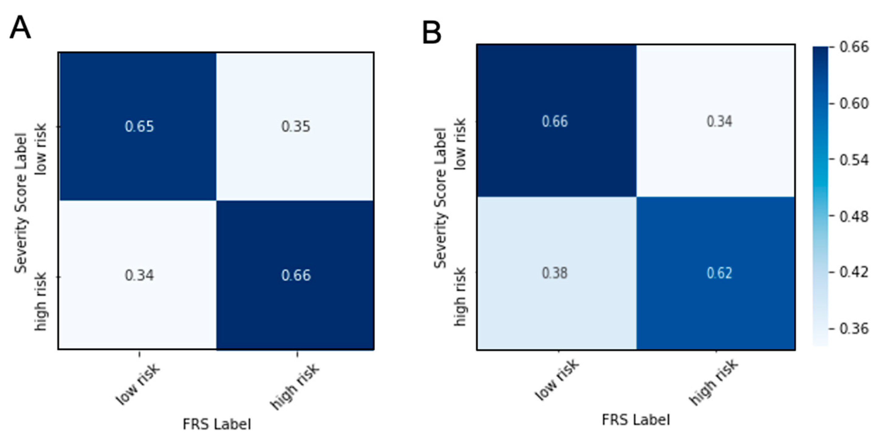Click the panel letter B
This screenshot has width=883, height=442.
point(432,33)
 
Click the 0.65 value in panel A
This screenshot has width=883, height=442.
point(139,126)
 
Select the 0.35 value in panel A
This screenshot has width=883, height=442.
point(296,126)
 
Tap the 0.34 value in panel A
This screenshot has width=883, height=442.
point(139,275)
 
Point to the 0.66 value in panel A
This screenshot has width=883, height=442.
point(296,275)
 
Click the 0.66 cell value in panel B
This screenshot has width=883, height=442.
point(555,121)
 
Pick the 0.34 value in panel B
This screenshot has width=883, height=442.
point(719,121)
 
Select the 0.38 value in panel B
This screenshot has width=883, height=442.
point(555,273)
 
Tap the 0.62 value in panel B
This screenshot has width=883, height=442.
point(719,273)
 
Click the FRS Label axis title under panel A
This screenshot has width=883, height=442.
point(217,424)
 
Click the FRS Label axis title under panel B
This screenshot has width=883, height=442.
point(636,420)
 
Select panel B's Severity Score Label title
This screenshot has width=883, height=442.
point(440,198)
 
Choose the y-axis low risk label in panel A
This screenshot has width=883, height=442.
point(41,149)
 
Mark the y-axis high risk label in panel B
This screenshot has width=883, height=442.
point(460,296)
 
